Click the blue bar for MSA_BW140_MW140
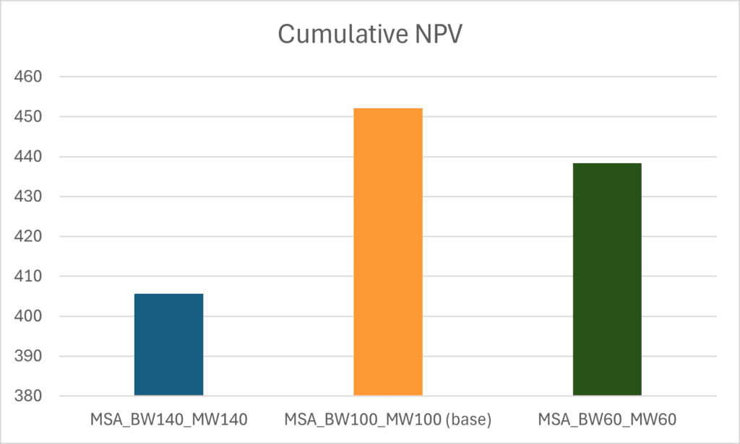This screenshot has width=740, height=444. tap(168, 344)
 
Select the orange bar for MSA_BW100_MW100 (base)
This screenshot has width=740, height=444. tap(388, 252)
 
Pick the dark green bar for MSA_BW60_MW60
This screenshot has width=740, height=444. tap(607, 279)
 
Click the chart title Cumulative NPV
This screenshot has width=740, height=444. tap(369, 34)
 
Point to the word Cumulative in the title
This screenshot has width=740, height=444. tap(341, 34)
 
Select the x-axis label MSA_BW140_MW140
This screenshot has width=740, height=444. tap(168, 419)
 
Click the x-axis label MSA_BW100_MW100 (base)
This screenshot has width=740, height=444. tap(388, 419)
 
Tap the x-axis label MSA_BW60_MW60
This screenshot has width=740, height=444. tap(607, 419)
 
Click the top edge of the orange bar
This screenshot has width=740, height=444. tap(388, 108)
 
